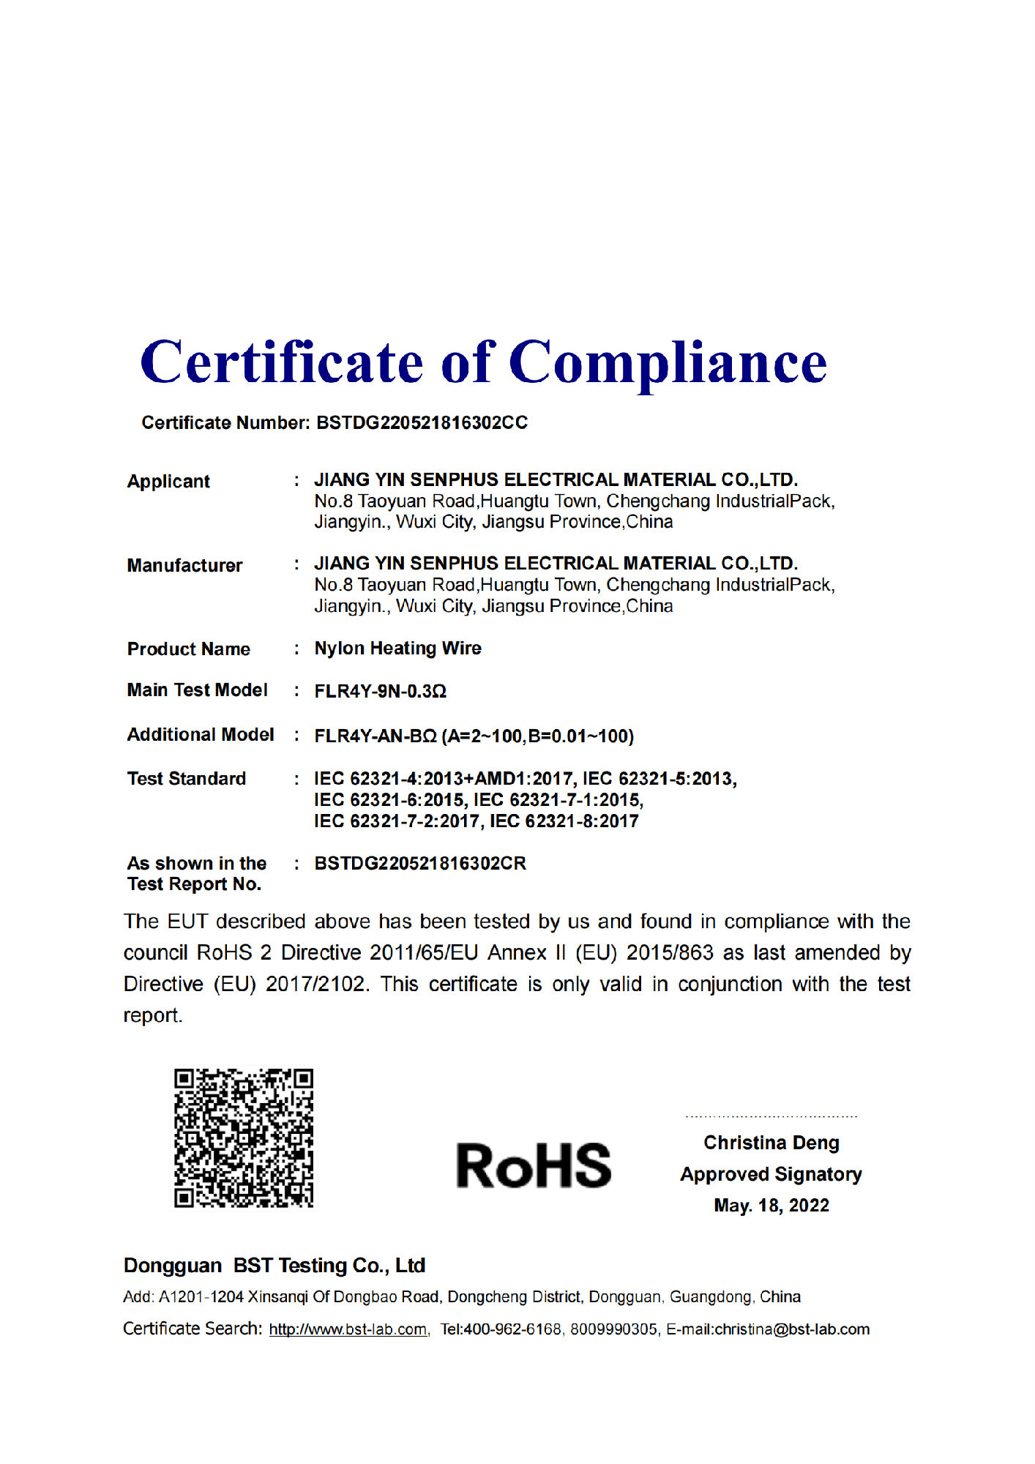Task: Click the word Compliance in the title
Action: [668, 363]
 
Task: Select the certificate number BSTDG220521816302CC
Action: [422, 423]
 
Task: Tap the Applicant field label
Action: [168, 482]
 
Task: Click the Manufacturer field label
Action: [184, 566]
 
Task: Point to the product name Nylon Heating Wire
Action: [397, 649]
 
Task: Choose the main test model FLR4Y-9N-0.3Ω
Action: [380, 692]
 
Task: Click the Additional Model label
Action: [201, 735]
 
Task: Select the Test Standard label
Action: [187, 779]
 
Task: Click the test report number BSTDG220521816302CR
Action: [420, 864]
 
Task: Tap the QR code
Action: [244, 1138]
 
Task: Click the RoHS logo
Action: [534, 1165]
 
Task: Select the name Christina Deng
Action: [771, 1143]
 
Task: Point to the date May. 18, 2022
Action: [771, 1206]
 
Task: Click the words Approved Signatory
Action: [771, 1174]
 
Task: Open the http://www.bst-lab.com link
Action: [348, 1329]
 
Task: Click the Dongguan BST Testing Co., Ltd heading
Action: [274, 1266]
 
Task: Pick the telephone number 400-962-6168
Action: [512, 1329]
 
